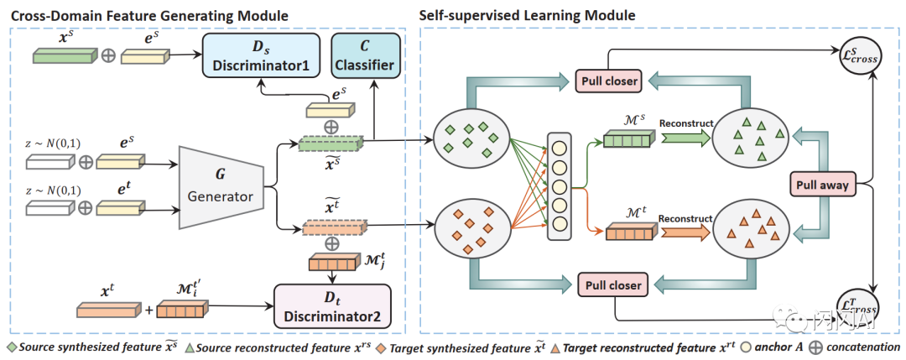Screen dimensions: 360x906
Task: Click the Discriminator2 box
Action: [333, 305]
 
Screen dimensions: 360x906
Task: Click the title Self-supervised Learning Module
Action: [527, 15]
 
